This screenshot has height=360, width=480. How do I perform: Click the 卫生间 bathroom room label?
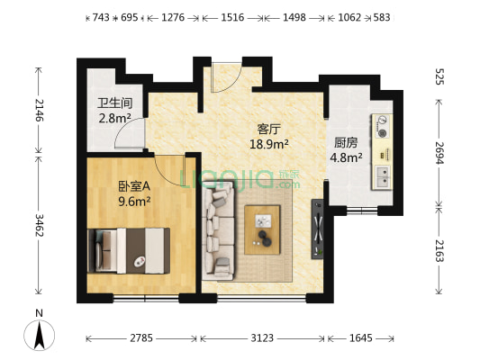point(115,102)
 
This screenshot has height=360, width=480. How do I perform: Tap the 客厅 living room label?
point(269,129)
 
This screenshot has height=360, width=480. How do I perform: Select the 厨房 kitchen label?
point(347,141)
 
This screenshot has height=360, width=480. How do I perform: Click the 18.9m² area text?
point(268,143)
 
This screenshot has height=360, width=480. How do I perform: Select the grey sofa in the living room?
point(218,229)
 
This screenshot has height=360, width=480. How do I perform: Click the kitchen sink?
point(382,173)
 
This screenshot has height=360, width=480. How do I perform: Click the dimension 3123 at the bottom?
point(263,338)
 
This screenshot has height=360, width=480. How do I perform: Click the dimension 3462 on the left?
point(39,231)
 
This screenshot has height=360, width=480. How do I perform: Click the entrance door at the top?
point(222,77)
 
